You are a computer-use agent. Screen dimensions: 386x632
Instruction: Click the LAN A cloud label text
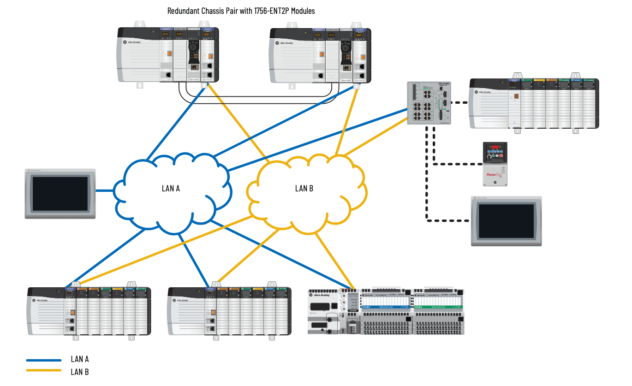171,188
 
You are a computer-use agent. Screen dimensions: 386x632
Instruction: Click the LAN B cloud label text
304,188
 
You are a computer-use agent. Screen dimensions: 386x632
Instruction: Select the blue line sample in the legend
44,360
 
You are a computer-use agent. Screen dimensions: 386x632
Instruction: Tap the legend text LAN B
80,371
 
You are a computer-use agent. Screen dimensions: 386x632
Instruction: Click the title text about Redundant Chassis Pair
241,11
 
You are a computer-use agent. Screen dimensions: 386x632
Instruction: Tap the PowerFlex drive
495,164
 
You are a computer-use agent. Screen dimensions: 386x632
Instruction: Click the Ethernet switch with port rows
429,103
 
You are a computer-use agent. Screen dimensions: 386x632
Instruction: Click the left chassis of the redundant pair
168,54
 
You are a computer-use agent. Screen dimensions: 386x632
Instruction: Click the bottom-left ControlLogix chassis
89,310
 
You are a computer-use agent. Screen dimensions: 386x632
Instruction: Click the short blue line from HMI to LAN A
104,190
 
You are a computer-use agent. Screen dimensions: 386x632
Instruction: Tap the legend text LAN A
80,359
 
